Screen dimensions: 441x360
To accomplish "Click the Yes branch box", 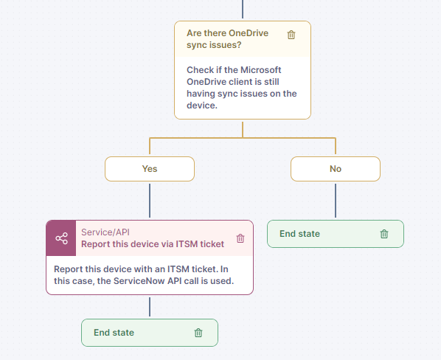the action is click(150, 169).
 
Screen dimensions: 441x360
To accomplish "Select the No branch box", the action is click(336, 169).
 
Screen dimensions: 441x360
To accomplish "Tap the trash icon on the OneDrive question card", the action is click(291, 35).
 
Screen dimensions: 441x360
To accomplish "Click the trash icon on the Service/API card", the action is click(240, 238).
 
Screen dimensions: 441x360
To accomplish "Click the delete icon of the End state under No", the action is click(384, 234).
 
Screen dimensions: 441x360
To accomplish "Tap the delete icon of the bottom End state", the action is click(198, 333).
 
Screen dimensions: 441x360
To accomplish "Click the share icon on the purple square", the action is click(61, 238).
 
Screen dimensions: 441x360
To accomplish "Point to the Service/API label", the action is click(105, 232).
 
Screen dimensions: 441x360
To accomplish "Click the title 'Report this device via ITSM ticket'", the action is click(153, 244).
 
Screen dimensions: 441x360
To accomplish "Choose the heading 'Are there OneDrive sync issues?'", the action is click(228, 39).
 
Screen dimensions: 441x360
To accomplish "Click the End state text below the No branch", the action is click(299, 234).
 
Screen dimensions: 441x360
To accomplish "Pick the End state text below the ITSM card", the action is click(114, 333).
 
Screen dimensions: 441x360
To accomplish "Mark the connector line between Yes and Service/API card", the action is click(150, 201).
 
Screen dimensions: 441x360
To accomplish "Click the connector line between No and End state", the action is click(336, 201).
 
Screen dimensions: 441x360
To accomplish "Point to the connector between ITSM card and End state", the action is click(150, 307).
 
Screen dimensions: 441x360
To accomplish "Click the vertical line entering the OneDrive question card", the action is click(243, 9).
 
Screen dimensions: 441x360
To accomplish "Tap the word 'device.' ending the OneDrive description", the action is click(202, 105).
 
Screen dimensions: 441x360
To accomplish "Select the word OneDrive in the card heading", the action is click(249, 33).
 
